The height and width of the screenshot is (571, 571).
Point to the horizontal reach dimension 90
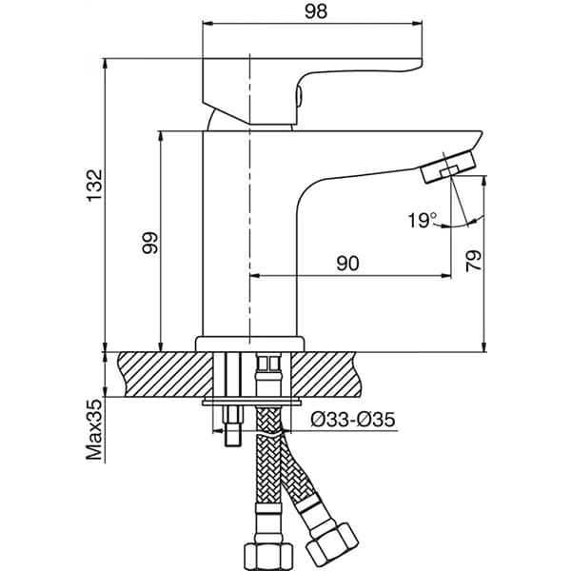coord(347,264)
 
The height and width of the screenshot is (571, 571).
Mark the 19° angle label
coord(421,221)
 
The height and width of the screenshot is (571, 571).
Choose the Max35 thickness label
coord(93,430)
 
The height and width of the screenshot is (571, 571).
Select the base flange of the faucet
coord(249,343)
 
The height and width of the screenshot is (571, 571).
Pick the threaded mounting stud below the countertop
coord(231,419)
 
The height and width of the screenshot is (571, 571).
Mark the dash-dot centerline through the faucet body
coord(249,190)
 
